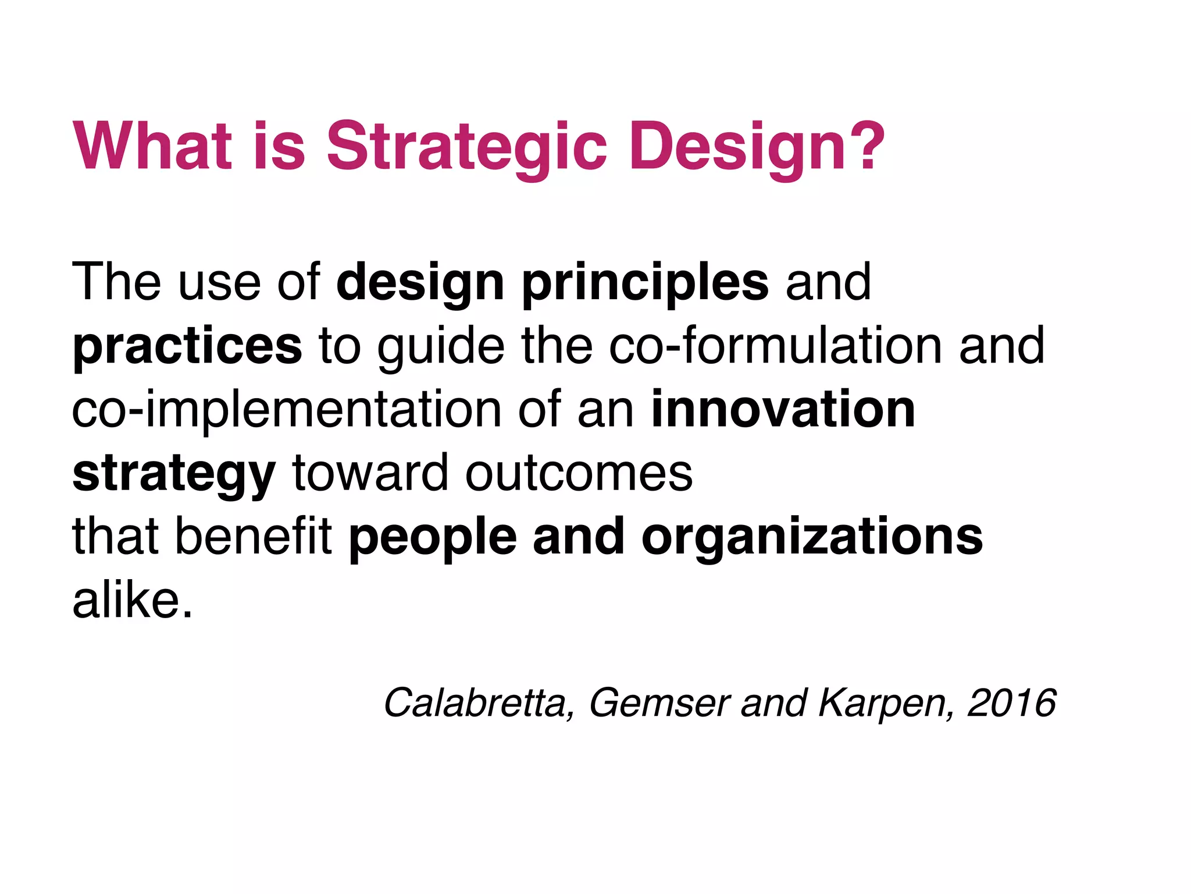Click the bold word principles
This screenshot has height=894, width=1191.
[x=646, y=283]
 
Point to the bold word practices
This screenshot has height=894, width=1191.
[x=187, y=347]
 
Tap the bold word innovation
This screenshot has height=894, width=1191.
[x=783, y=410]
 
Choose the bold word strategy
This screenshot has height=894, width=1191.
[x=174, y=474]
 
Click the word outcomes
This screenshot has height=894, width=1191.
[x=579, y=473]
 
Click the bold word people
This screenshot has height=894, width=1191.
[x=433, y=538]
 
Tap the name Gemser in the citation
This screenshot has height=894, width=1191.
[x=659, y=703]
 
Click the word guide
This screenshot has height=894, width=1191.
[x=441, y=347]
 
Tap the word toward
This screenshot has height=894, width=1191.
[x=370, y=473]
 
